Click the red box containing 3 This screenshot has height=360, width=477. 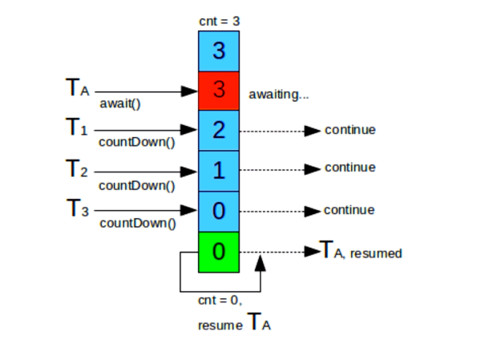(x=219, y=91)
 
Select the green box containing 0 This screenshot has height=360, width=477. (x=219, y=252)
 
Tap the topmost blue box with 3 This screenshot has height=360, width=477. (x=219, y=51)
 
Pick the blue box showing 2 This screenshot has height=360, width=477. (x=219, y=130)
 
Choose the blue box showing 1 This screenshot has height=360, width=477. (x=219, y=171)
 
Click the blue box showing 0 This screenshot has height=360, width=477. (x=219, y=212)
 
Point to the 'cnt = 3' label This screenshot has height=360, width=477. (x=220, y=22)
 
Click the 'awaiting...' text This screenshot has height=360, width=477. (x=279, y=95)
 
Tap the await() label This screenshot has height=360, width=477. (x=120, y=103)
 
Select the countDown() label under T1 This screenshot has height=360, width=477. (x=137, y=142)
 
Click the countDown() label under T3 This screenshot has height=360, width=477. (x=138, y=224)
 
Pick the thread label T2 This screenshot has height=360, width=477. (x=77, y=168)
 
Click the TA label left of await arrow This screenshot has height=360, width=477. (x=78, y=87)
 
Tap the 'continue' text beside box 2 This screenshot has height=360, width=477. (x=350, y=130)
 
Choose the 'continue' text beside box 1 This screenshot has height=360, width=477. (x=350, y=168)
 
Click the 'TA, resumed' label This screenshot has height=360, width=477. (x=361, y=250)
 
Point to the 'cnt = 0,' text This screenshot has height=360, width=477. (x=220, y=301)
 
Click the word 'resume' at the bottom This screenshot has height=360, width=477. (x=220, y=326)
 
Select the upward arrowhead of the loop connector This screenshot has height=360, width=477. (x=260, y=263)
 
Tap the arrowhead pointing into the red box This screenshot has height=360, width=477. (x=189, y=91)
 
